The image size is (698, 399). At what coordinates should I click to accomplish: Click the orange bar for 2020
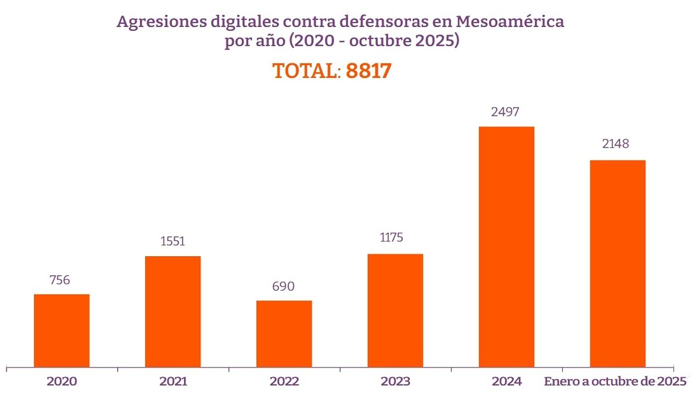(62, 331)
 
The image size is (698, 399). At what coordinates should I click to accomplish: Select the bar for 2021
(173, 312)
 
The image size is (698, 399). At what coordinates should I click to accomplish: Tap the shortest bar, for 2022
(284, 334)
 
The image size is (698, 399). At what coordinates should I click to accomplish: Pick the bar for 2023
(395, 311)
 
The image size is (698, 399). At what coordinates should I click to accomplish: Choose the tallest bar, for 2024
(507, 247)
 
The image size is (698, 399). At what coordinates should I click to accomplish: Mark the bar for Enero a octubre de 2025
(618, 264)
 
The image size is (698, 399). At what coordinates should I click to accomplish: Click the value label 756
(60, 280)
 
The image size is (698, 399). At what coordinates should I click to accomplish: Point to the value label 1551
(173, 242)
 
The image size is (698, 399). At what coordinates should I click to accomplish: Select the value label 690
(284, 287)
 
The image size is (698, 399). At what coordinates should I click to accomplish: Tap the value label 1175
(393, 237)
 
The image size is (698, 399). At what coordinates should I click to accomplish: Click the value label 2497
(505, 111)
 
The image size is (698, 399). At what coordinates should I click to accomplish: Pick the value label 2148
(615, 144)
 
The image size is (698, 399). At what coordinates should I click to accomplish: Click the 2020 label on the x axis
(62, 382)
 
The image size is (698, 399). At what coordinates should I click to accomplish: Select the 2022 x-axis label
(284, 382)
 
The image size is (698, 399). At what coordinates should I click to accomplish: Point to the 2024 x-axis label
(507, 382)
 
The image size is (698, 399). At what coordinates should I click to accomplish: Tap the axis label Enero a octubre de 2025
(615, 382)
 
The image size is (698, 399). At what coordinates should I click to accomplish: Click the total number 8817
(368, 71)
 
